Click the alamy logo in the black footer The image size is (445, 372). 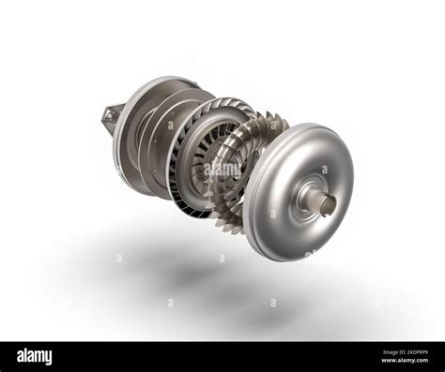(34, 356)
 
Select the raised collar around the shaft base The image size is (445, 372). (309, 199)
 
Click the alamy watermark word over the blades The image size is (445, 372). (223, 170)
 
